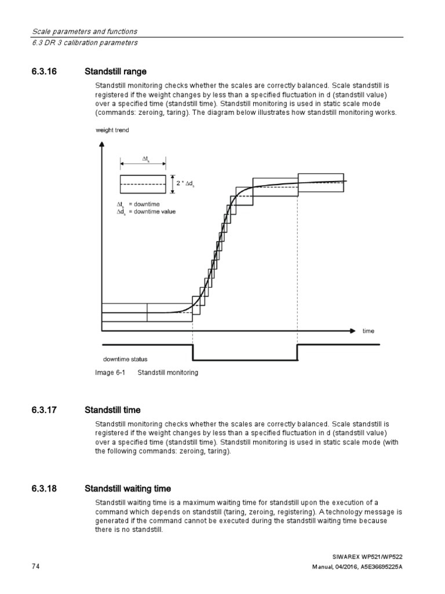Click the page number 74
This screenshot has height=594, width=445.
36,566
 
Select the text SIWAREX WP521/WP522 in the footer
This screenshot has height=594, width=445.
370,556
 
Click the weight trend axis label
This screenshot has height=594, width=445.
112,131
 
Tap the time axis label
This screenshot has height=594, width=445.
369,331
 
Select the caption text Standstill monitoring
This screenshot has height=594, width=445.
167,372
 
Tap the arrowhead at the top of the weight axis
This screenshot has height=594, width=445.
102,146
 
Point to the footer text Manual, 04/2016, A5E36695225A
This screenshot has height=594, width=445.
355,566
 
